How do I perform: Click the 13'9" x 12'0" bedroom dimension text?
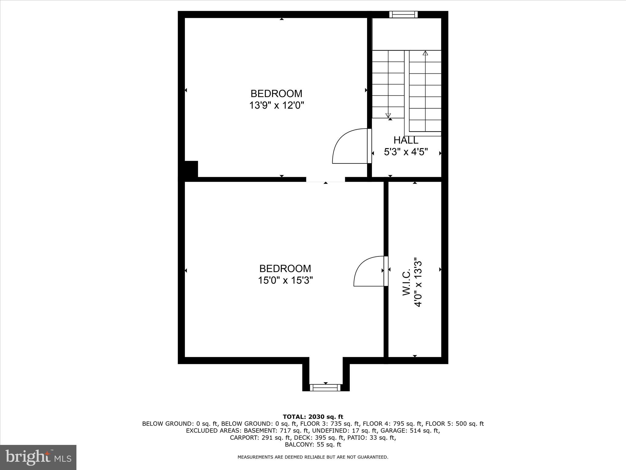click(277, 106)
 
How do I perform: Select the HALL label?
click(406, 140)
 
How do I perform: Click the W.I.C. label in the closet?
click(406, 283)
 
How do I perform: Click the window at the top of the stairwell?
click(403, 14)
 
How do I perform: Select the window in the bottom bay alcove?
click(325, 388)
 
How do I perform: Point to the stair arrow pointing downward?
click(388, 115)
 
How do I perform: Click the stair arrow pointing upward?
click(425, 53)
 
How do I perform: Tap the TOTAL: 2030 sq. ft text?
click(313, 417)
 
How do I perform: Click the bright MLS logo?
click(38, 457)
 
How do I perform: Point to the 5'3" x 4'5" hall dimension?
click(406, 152)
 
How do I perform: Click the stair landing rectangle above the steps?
click(407, 34)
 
